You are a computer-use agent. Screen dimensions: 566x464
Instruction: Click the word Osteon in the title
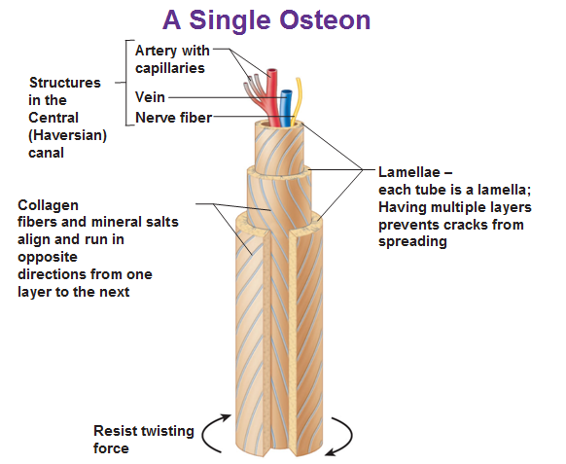click(325, 19)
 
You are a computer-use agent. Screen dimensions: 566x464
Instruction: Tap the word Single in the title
click(230, 21)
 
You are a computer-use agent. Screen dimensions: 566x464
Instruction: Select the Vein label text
click(150, 97)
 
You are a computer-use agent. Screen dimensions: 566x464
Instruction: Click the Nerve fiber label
click(174, 118)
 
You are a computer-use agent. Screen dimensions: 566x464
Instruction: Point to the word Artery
click(157, 52)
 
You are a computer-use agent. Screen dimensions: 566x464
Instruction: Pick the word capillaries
click(170, 68)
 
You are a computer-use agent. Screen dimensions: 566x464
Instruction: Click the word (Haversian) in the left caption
click(67, 135)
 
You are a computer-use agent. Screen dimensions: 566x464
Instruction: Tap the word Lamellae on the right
click(409, 172)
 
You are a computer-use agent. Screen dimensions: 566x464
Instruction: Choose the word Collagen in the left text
click(48, 206)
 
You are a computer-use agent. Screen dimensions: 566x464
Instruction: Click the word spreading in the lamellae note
click(412, 241)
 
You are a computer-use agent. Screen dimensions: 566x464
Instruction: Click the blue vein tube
click(286, 108)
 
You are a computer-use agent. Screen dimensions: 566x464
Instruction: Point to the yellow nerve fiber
click(297, 101)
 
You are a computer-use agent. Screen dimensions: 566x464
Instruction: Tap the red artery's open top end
click(271, 71)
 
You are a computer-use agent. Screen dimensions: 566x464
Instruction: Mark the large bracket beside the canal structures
click(127, 83)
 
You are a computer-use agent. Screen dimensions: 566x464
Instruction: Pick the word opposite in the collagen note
click(48, 258)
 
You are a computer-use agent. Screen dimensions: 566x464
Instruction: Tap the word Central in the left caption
click(53, 118)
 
